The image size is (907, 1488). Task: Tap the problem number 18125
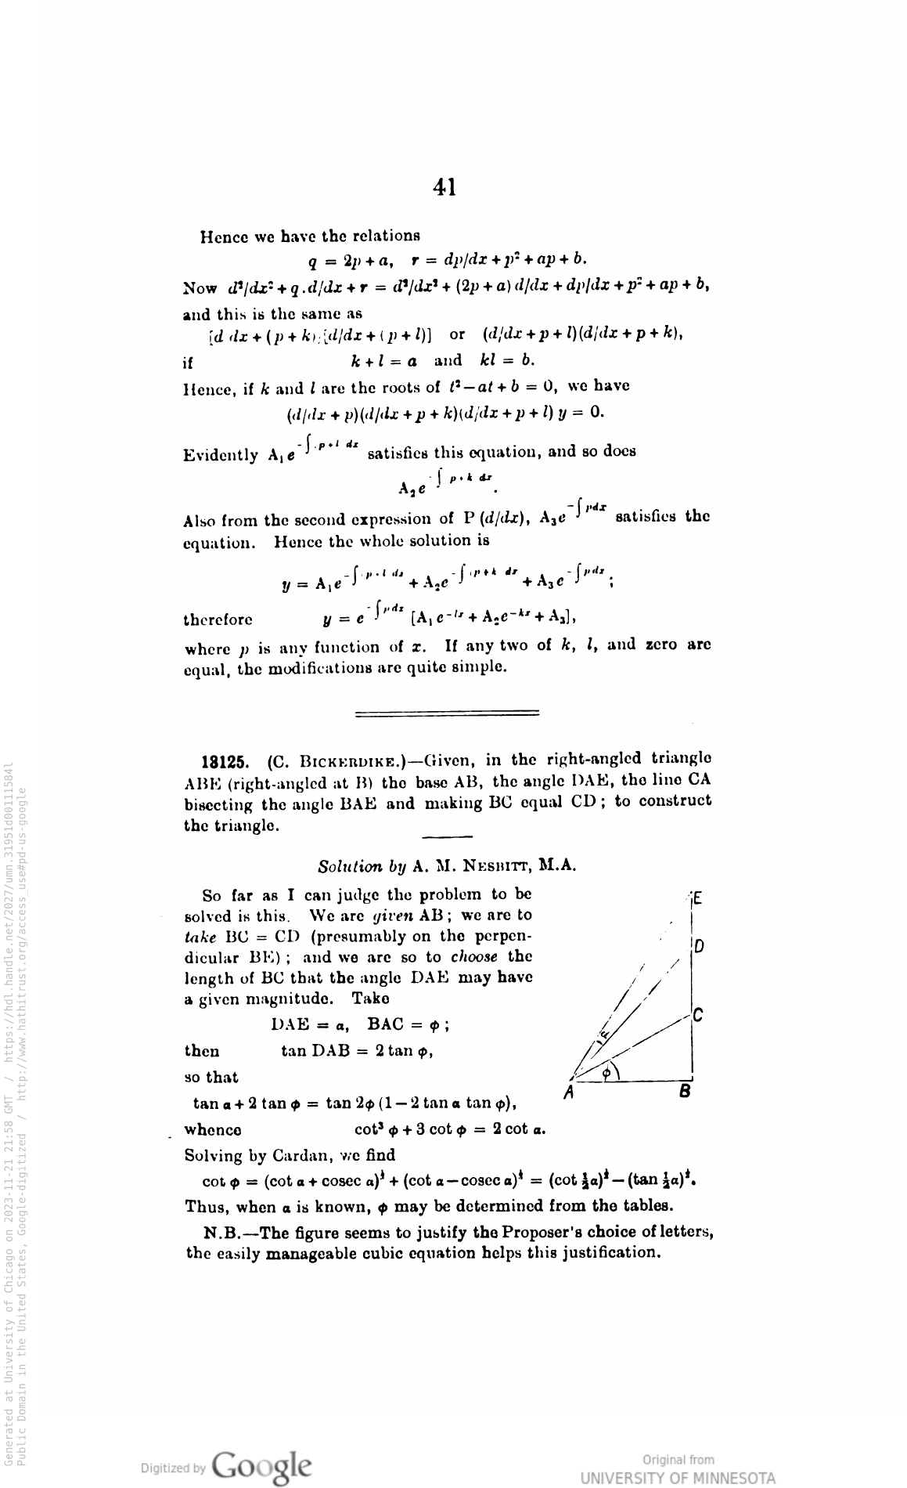225,760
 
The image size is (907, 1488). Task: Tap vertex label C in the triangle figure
699,1017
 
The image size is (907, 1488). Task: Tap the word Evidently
221,455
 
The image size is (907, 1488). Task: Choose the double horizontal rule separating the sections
447,713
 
